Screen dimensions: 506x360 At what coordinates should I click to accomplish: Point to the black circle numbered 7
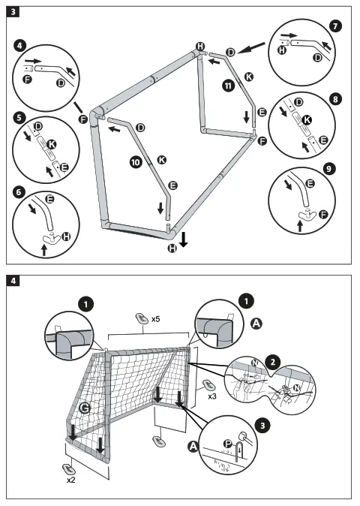[334, 26]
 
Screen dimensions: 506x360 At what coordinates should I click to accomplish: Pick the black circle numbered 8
[334, 98]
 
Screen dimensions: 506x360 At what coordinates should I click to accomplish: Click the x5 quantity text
[155, 319]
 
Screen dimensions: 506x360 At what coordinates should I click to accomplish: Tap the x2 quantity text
[71, 479]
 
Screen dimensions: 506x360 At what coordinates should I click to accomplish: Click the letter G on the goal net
[84, 408]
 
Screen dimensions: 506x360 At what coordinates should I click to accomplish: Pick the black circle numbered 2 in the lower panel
[274, 361]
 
